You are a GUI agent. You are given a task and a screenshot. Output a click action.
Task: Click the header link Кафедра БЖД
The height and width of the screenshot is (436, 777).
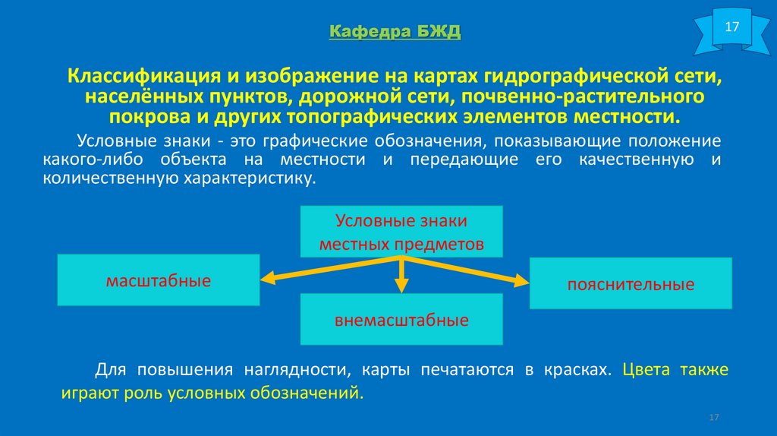(395, 32)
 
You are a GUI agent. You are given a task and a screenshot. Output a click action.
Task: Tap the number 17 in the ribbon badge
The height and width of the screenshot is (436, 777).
(731, 27)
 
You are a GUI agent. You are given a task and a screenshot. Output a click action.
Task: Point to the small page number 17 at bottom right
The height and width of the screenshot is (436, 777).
(713, 418)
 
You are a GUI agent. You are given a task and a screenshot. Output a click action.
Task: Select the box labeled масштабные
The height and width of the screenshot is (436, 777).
(158, 281)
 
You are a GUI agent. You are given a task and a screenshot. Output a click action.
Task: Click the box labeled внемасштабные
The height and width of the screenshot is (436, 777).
(401, 319)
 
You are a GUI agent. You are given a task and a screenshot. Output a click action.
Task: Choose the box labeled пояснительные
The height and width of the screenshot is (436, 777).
(631, 284)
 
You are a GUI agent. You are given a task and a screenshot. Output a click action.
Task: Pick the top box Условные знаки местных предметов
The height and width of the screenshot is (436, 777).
(401, 232)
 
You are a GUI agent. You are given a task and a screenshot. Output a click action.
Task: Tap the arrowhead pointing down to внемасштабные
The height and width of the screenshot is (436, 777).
(401, 286)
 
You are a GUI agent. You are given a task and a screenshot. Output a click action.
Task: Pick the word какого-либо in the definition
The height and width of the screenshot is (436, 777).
(93, 160)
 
